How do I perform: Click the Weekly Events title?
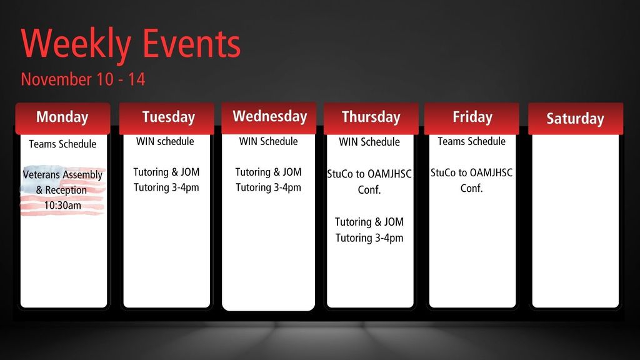tap(131, 44)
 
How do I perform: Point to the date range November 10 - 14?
tap(83, 79)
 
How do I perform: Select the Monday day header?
tap(62, 117)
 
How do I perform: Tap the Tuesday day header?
tap(168, 117)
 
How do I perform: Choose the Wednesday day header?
tap(269, 116)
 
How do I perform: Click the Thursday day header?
tap(371, 117)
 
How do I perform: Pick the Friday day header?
tap(472, 117)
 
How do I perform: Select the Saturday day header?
tap(575, 119)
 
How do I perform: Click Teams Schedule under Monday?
tap(62, 144)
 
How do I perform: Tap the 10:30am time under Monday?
tap(62, 205)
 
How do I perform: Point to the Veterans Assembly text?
tap(62, 175)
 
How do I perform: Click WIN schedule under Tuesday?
tap(165, 141)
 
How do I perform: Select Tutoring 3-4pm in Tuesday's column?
tap(166, 187)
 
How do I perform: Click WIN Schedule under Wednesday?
tap(268, 141)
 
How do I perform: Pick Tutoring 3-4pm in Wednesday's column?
tap(268, 187)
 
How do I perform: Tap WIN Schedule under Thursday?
tap(369, 142)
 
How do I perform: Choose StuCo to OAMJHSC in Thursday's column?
tap(369, 174)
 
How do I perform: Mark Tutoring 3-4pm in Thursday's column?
tap(369, 237)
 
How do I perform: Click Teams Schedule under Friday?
tap(471, 141)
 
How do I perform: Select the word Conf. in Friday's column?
tap(471, 188)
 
